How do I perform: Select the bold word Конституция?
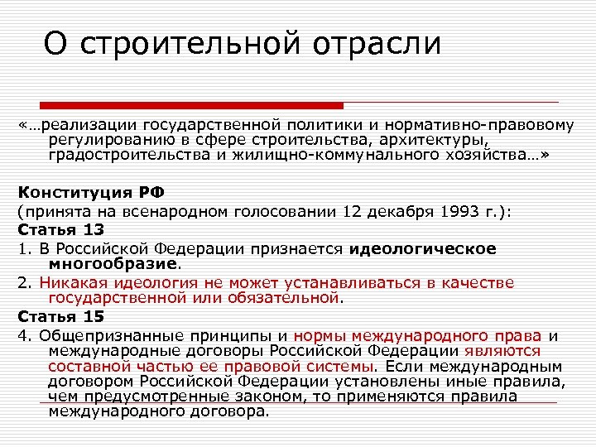68,194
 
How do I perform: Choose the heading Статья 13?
56,229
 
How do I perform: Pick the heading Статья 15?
56,317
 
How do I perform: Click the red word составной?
84,367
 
